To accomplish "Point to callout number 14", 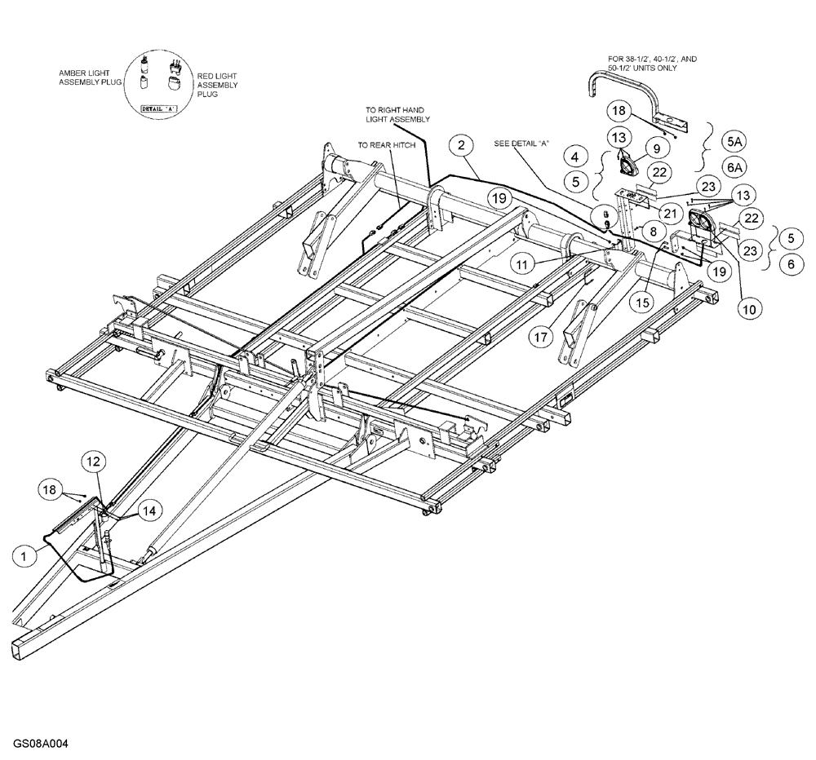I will click(x=148, y=511).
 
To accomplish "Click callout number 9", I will click(x=655, y=148).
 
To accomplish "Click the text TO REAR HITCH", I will click(x=387, y=144).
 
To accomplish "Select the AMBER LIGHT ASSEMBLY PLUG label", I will click(x=83, y=78).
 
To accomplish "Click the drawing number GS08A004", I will click(x=40, y=745).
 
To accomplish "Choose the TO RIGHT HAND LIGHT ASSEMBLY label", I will click(x=395, y=113).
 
